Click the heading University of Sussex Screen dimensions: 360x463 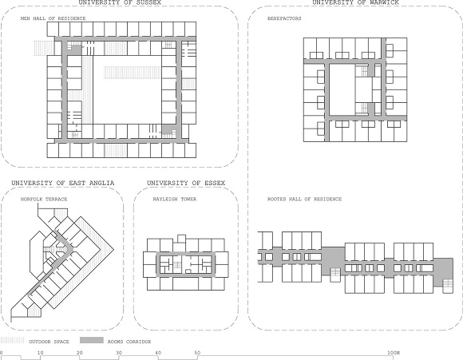click(x=120, y=3)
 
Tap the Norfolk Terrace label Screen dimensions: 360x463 click(x=44, y=199)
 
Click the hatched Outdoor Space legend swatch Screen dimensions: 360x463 click(x=13, y=341)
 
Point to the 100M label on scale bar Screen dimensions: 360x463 click(x=394, y=353)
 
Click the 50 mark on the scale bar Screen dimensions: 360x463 click(x=197, y=353)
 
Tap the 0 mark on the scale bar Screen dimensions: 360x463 click(x=2, y=353)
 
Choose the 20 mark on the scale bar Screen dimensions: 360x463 click(x=80, y=353)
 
